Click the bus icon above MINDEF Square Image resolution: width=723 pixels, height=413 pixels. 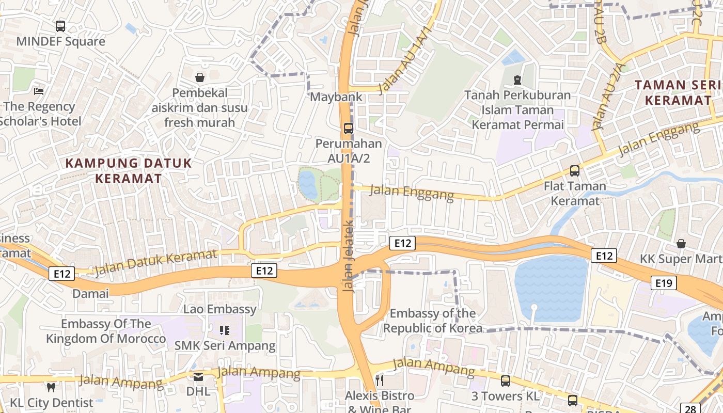[60, 26]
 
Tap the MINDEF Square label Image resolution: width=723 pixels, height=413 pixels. [60, 41]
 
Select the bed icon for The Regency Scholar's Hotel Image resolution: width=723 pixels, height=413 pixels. [39, 91]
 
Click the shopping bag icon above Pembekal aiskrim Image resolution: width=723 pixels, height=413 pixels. [200, 77]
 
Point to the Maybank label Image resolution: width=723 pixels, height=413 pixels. [329, 97]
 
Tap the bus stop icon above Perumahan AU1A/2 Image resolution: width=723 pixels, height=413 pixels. [349, 128]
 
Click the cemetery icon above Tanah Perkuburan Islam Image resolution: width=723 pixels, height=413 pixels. [517, 80]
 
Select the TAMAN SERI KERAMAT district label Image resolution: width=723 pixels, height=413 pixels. [678, 92]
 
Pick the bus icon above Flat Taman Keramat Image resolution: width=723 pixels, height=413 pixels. [574, 171]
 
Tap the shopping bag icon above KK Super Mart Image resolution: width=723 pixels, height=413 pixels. [681, 243]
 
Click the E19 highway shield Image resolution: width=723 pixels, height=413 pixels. [663, 283]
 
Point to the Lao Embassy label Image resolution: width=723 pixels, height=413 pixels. [220, 309]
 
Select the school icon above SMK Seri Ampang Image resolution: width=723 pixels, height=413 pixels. [225, 330]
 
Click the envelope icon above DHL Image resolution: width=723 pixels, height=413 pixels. [198, 377]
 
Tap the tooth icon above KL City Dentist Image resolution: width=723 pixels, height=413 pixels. [51, 387]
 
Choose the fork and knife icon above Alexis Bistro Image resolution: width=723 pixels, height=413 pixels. [380, 381]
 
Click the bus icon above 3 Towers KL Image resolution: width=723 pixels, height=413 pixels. [505, 381]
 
